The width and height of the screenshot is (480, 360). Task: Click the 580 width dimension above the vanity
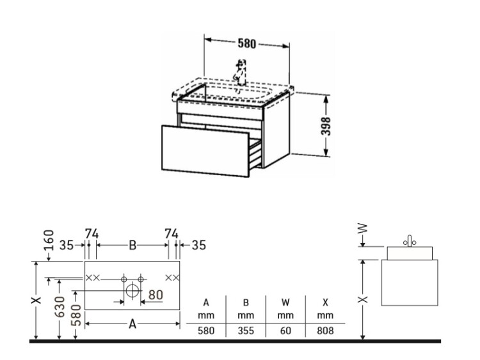coord(246,43)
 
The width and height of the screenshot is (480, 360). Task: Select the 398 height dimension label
coord(326,126)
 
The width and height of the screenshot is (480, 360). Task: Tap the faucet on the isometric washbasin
coord(240,72)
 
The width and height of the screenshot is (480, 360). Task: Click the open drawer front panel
coord(205,151)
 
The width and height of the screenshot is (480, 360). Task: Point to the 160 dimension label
coord(49,240)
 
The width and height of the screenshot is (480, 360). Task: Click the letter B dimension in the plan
coord(132,245)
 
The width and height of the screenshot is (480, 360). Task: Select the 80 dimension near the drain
coord(156,295)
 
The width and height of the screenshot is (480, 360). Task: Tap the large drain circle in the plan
coord(132,290)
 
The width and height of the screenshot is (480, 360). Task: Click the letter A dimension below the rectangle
coord(132,324)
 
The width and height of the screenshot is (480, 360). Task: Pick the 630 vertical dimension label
coord(60,306)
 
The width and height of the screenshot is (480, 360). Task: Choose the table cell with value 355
coord(246,331)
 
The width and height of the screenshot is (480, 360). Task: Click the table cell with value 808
coord(325,331)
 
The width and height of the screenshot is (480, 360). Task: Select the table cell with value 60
coord(285,331)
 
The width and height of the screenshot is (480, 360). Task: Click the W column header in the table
coord(285,302)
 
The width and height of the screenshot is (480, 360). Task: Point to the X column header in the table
coord(325,302)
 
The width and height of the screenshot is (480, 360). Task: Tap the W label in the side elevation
coord(362,228)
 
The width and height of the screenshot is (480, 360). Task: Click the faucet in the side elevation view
coord(410,241)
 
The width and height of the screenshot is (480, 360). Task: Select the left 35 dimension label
coord(67,245)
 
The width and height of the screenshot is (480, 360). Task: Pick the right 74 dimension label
coord(171,233)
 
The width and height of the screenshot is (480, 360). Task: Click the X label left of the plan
coord(36,300)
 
